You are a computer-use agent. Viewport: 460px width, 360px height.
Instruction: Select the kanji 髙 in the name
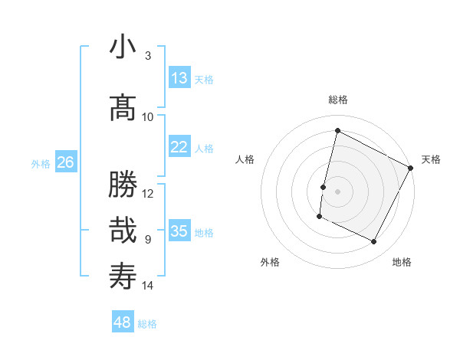(x=123, y=108)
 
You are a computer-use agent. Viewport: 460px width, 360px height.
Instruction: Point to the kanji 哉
(x=123, y=230)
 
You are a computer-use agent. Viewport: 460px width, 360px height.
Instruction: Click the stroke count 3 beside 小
(x=148, y=56)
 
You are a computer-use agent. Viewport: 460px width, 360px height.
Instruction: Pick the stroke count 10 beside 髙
(x=148, y=116)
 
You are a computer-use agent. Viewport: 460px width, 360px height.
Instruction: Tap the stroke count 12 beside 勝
(x=148, y=193)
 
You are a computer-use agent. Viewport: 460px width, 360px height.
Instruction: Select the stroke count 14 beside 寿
(x=148, y=286)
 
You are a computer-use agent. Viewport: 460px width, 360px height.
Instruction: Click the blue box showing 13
(x=179, y=78)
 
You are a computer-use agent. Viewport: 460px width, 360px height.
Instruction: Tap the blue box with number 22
(x=179, y=147)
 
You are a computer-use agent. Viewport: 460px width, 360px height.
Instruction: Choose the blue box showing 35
(x=179, y=231)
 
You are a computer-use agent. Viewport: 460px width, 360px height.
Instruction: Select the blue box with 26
(x=66, y=162)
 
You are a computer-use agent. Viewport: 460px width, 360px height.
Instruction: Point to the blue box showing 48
(x=123, y=322)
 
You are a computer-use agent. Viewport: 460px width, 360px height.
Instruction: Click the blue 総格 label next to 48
(x=147, y=324)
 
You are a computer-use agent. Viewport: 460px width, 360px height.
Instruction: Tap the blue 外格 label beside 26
(x=41, y=164)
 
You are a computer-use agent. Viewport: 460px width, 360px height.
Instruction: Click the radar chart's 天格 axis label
(x=431, y=159)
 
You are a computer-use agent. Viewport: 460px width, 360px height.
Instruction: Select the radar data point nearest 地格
(x=374, y=242)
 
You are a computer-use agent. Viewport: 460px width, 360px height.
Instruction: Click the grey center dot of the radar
(x=337, y=191)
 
